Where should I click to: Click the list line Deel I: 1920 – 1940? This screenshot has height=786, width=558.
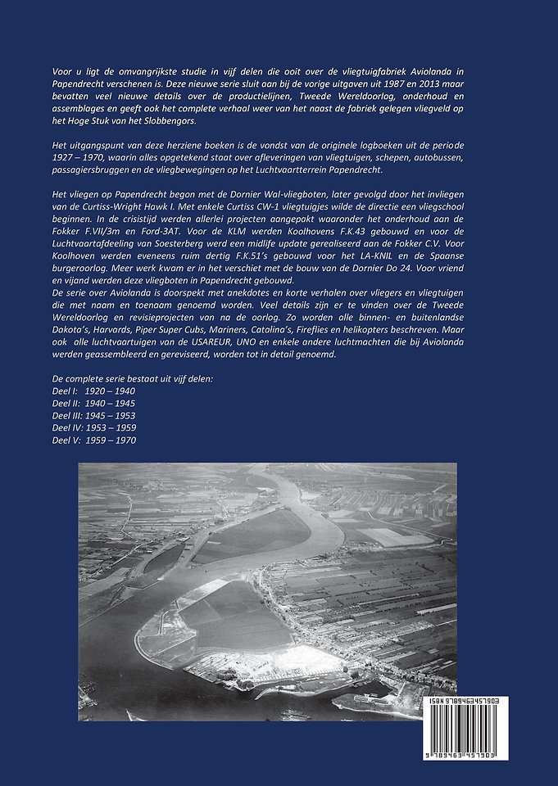(x=93, y=392)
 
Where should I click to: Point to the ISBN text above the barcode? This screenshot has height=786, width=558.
(x=487, y=702)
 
